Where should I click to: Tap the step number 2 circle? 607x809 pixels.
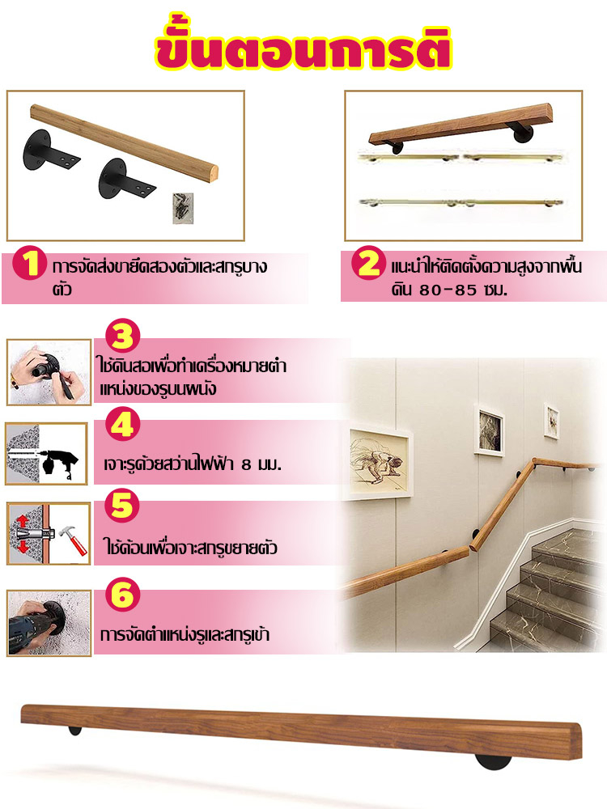point(368,263)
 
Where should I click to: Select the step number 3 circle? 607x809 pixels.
point(123,337)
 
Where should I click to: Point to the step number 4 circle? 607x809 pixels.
point(123,424)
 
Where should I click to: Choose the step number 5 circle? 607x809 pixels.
point(122,505)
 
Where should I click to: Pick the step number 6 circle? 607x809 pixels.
point(122,595)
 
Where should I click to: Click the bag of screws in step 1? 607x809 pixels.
point(183,208)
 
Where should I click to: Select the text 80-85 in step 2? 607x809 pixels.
point(448,290)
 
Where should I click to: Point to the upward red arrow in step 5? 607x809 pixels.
point(22,519)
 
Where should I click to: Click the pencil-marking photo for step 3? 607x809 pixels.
point(49,372)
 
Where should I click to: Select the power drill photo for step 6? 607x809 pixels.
point(49,623)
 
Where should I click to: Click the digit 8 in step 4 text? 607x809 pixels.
point(246,465)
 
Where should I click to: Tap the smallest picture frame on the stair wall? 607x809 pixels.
point(551,421)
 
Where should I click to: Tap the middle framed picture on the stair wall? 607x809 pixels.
point(489,431)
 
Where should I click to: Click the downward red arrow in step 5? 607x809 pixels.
point(22,547)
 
